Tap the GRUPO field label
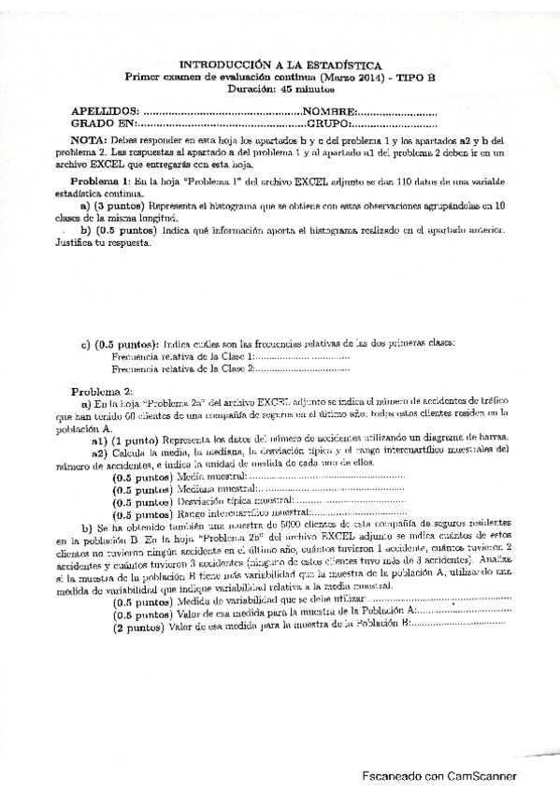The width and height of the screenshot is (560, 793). [x=328, y=123]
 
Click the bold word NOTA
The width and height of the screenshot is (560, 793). [x=92, y=139]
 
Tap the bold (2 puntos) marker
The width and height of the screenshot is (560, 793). [x=139, y=601]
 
